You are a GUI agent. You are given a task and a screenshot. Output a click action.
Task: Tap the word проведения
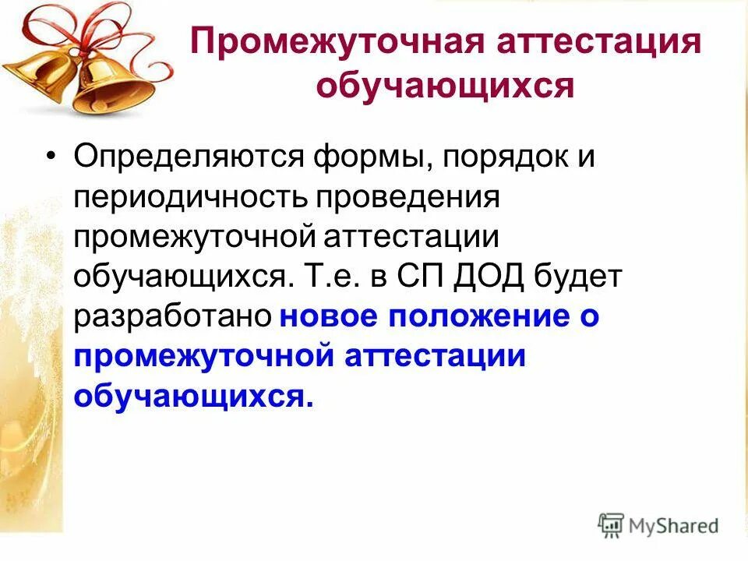coord(407,197)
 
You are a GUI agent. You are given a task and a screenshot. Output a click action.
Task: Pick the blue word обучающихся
coord(192,397)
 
